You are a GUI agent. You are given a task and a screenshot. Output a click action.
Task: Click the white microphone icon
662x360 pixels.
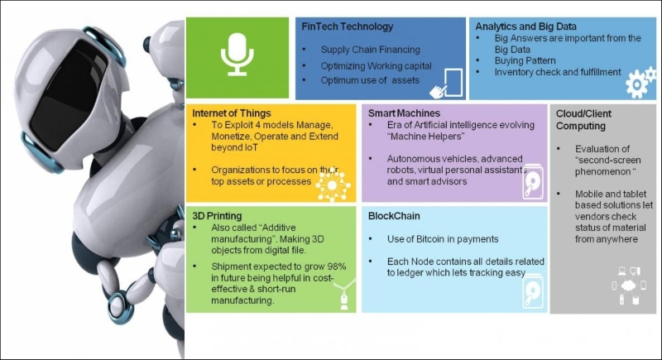(237, 55)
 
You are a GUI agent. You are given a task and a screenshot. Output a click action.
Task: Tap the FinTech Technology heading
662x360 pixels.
(347, 26)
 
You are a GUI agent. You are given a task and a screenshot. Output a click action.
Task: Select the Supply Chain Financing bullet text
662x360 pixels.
(370, 50)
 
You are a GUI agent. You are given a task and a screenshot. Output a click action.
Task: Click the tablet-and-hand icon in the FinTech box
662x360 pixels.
(446, 83)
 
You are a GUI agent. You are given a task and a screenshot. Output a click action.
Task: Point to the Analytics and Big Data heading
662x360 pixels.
(525, 26)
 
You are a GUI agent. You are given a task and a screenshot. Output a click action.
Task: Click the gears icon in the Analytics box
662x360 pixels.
(640, 82)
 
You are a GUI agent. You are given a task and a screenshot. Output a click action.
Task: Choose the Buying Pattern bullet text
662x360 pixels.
(525, 60)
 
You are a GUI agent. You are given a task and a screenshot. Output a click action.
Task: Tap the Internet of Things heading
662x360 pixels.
(232, 113)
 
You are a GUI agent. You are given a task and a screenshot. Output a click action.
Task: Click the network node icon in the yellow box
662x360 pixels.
(333, 185)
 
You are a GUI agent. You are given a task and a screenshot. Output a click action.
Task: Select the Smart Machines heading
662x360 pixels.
(404, 113)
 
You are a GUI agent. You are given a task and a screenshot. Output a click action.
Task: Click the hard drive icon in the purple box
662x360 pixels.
(533, 182)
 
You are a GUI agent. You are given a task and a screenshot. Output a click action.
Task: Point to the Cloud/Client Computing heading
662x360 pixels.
(583, 120)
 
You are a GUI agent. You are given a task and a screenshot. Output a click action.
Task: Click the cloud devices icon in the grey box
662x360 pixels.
(629, 286)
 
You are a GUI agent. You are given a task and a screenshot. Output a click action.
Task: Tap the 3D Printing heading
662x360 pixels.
(217, 216)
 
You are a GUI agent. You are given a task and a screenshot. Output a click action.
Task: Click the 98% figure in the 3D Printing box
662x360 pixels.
(337, 266)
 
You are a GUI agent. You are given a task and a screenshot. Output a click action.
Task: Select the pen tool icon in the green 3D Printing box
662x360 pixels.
(344, 295)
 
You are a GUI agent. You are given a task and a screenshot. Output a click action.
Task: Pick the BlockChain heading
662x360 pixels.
(394, 216)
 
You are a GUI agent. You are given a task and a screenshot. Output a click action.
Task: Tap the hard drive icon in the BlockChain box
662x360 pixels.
(533, 291)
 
